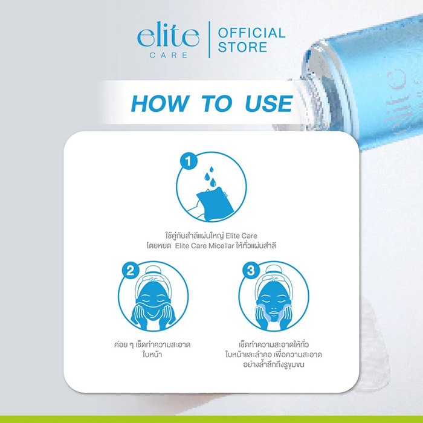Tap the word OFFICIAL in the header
click(x=251, y=33)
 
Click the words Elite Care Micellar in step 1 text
click(x=225, y=247)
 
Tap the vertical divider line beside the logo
click(x=208, y=40)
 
